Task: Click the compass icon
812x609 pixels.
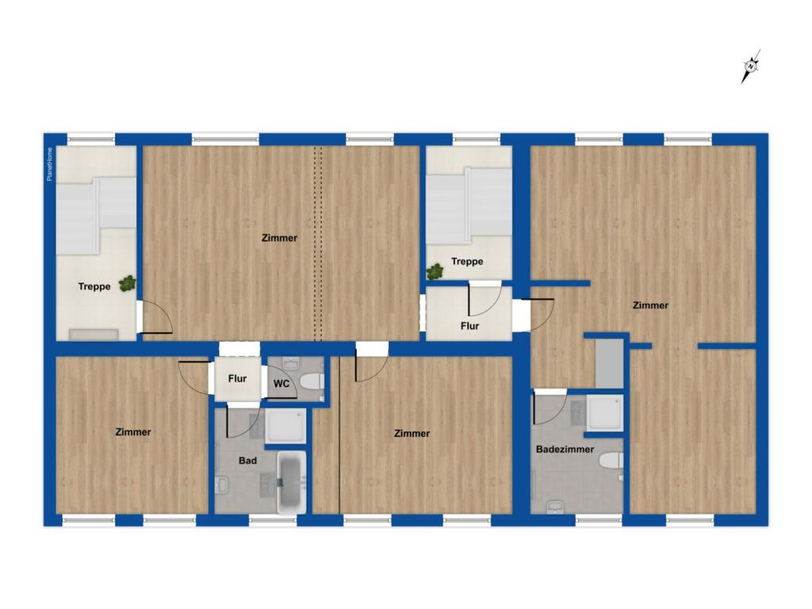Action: pos(750,67)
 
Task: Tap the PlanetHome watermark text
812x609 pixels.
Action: pos(50,166)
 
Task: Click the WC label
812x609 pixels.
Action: pos(281,384)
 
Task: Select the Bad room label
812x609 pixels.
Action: pos(248,460)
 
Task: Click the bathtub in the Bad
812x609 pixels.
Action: pos(291,482)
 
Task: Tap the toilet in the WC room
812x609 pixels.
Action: pos(312,381)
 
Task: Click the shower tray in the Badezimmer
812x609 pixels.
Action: pos(603,414)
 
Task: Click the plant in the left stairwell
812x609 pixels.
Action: pos(127,283)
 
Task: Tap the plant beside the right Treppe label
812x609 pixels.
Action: pos(435,272)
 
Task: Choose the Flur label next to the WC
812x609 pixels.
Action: pos(237,379)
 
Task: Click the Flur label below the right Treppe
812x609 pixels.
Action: pos(470,325)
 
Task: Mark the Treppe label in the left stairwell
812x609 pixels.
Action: pos(94,287)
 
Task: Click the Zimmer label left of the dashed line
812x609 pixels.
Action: pos(280,238)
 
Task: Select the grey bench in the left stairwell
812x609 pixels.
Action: pos(93,333)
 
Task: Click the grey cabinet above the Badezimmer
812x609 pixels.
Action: pos(609,363)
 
